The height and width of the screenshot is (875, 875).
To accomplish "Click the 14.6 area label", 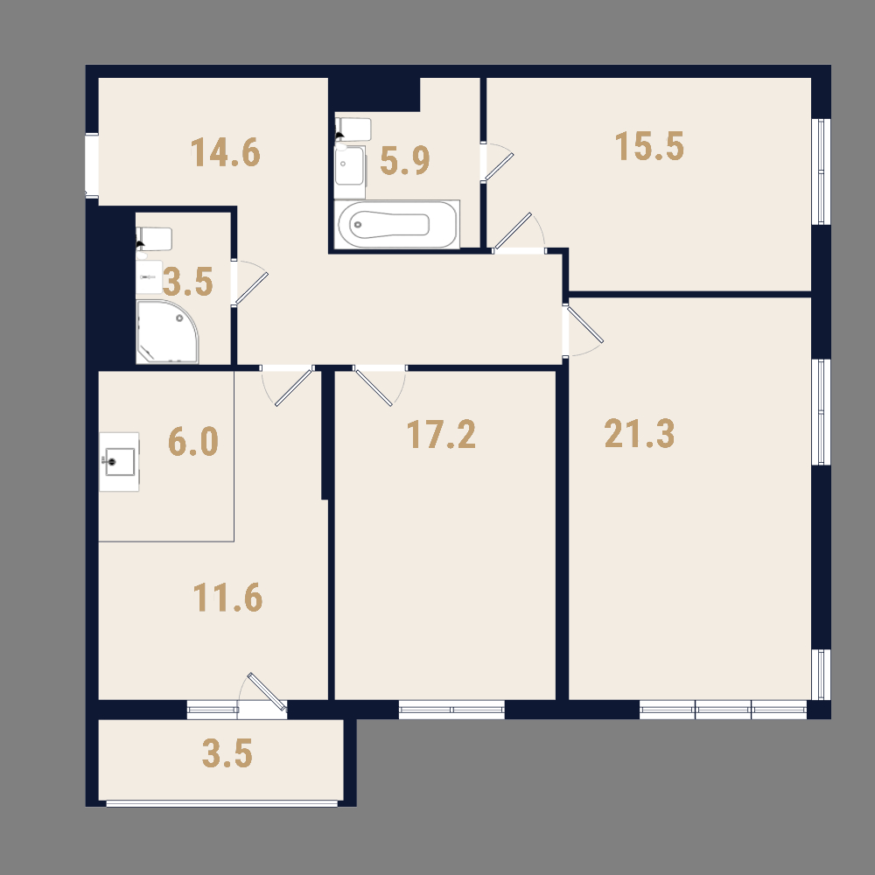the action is (x=226, y=152).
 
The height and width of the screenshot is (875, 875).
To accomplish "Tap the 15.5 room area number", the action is (x=649, y=146).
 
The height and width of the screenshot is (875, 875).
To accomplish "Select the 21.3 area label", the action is (x=640, y=434).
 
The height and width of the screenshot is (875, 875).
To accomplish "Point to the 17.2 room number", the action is (x=441, y=434).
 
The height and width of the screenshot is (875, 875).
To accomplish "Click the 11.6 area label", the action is (x=227, y=598).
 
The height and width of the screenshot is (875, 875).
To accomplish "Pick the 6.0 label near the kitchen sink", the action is (x=193, y=441).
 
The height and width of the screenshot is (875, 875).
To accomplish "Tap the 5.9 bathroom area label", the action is (x=405, y=160).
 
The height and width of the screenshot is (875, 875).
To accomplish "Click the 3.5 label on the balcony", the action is (x=227, y=752).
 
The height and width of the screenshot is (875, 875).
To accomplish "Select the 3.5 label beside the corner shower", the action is (x=188, y=282).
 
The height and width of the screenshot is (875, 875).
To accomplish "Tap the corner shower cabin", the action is (x=167, y=332).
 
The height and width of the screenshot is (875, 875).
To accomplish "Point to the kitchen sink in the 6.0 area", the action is (x=119, y=461).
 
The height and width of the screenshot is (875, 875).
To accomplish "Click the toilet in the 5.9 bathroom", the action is (x=353, y=129).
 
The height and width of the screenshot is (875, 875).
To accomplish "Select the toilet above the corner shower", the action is (x=154, y=239).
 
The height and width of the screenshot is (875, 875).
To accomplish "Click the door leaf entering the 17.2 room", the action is (x=374, y=388).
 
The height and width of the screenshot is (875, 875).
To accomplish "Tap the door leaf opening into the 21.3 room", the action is (x=585, y=325).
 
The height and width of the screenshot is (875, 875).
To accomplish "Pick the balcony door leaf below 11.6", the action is (x=267, y=692).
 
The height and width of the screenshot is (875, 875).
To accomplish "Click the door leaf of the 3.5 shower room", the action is (x=252, y=288).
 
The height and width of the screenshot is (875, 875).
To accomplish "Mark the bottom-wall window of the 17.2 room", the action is (x=451, y=710).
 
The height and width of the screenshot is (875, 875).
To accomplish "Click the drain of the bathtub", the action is (x=358, y=225).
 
